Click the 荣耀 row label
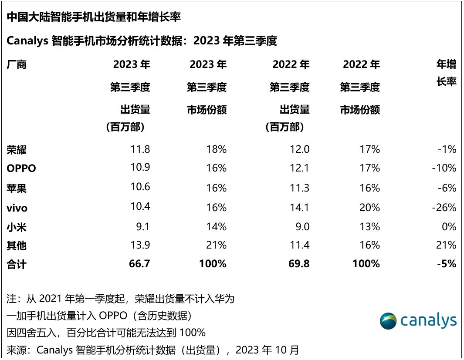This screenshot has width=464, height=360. pyautogui.click(x=17, y=150)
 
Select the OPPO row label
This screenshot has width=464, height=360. pyautogui.click(x=21, y=168)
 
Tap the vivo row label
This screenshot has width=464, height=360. pyautogui.click(x=17, y=208)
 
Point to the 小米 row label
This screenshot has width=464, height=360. pyautogui.click(x=17, y=227)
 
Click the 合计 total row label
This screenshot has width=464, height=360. pyautogui.click(x=17, y=264)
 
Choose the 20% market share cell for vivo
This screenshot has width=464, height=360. pyautogui.click(x=370, y=208)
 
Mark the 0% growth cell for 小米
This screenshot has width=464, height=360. pyautogui.click(x=448, y=227)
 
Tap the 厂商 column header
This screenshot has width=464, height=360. pyautogui.click(x=17, y=65)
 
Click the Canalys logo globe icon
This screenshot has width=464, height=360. pyautogui.click(x=388, y=321)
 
